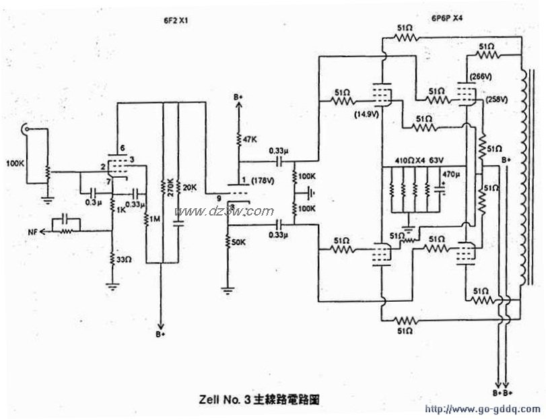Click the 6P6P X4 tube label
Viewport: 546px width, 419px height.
[449, 18]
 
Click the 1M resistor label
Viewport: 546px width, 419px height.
[154, 219]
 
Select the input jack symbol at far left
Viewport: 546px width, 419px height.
[27, 127]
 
